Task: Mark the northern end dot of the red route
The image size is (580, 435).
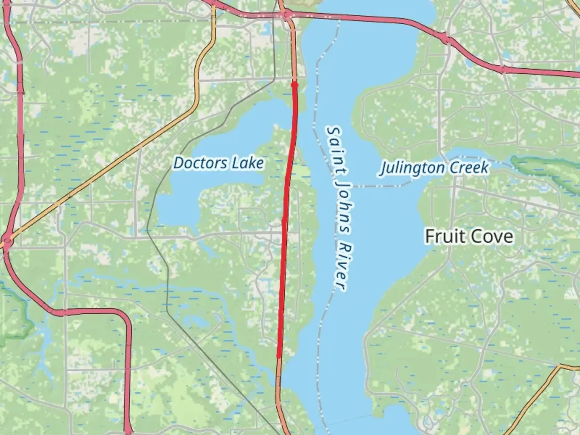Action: tap(294, 85)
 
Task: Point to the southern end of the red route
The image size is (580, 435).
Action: tap(278, 356)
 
